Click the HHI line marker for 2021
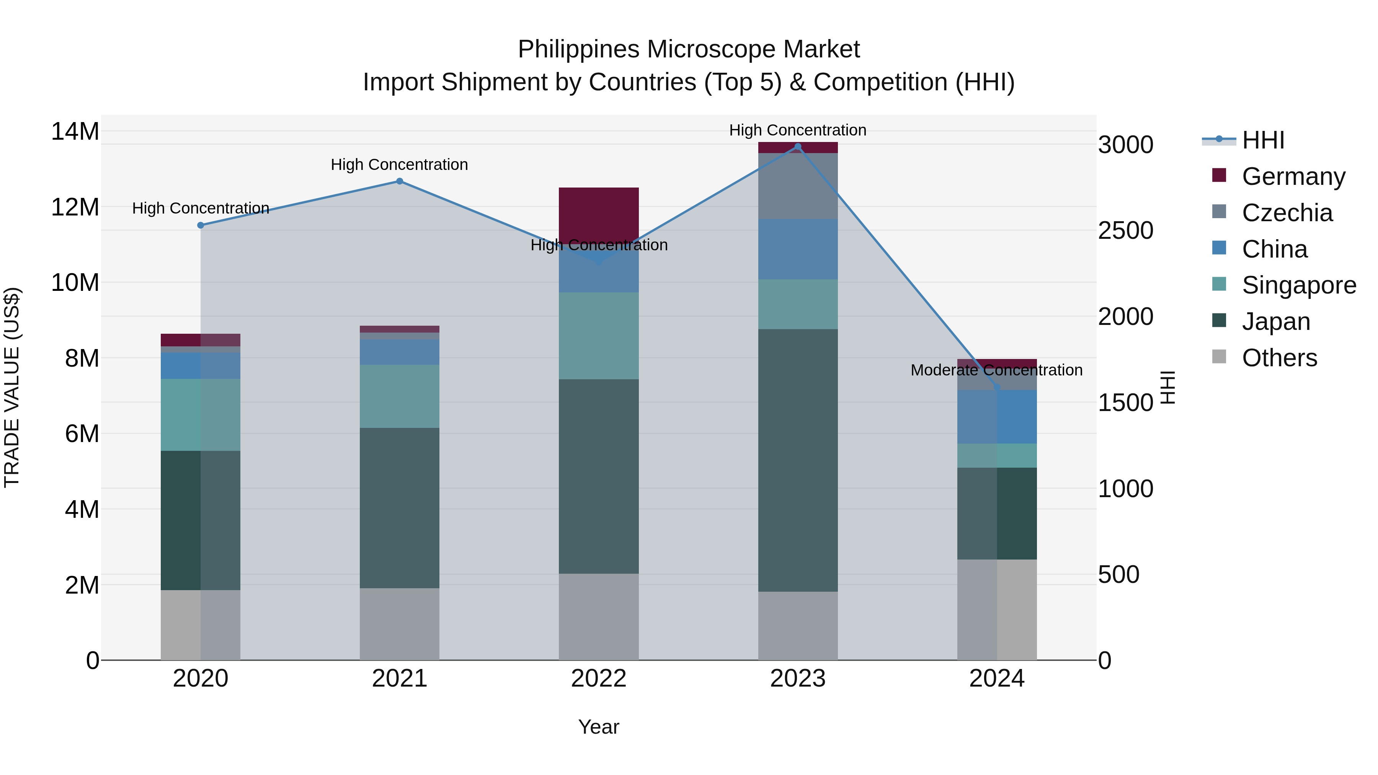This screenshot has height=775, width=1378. pos(399,181)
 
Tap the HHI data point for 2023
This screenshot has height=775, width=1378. pos(798,147)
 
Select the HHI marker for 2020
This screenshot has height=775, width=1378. pos(201,225)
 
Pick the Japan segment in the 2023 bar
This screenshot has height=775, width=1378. pos(798,460)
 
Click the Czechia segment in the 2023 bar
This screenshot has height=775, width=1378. pos(798,186)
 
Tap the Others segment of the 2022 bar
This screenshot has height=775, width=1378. pos(599,616)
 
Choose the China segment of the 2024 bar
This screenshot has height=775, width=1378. pos(997,417)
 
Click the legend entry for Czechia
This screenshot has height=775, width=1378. pos(1287,213)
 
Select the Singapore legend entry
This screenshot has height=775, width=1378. pos(1298,285)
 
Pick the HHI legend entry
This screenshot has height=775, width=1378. pos(1262,140)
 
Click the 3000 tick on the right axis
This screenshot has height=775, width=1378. pos(1125,145)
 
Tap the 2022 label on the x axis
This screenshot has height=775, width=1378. pos(599,679)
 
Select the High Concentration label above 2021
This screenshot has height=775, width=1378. pos(399,165)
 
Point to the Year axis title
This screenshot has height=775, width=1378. pos(599,727)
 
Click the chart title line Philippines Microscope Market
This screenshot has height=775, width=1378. pos(689,49)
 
